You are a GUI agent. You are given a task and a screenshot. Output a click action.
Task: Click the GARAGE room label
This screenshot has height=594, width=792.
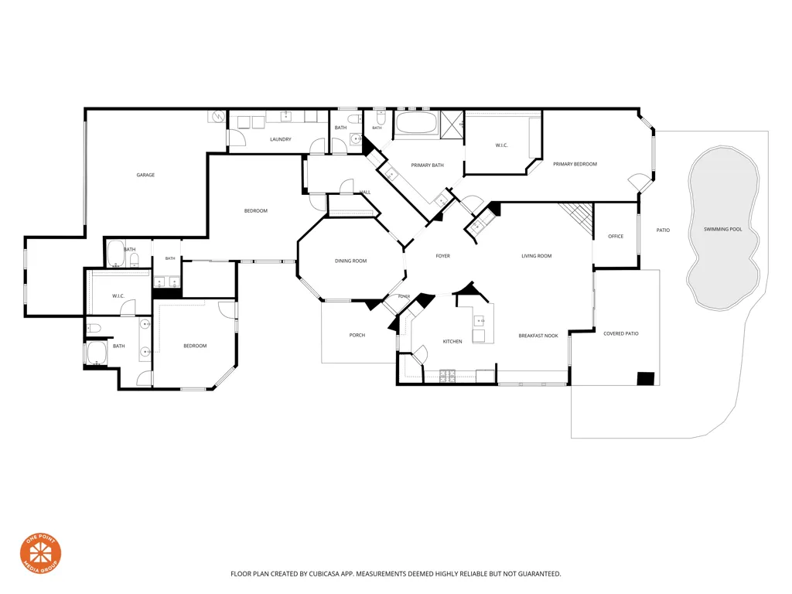[145, 176]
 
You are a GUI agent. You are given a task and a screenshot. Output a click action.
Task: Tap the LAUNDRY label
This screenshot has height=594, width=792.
[280, 139]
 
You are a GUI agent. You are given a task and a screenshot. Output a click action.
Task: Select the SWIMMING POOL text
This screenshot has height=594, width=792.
[723, 229]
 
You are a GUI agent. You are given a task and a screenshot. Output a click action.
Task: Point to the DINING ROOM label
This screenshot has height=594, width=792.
[350, 261]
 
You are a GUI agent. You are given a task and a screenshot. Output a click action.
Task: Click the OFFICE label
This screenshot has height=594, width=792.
[615, 237]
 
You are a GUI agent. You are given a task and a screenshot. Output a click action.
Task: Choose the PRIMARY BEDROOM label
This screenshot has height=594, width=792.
[575, 164]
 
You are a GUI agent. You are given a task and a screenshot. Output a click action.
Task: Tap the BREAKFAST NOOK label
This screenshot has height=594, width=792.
[538, 336]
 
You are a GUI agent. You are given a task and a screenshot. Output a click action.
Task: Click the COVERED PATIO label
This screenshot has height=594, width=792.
[621, 334]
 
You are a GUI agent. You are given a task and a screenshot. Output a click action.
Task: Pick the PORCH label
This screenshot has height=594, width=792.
[357, 336]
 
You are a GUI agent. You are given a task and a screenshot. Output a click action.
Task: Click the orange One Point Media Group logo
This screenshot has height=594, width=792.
[40, 553]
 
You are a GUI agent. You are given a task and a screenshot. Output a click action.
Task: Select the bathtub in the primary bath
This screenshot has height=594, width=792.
[416, 123]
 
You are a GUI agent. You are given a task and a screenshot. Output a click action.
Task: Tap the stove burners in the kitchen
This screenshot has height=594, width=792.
[447, 375]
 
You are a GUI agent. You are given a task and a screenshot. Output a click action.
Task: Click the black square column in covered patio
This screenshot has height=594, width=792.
[646, 379]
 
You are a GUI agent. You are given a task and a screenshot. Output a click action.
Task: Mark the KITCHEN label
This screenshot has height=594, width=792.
[452, 342]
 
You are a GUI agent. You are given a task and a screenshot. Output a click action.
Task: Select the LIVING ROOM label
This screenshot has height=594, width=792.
[537, 256]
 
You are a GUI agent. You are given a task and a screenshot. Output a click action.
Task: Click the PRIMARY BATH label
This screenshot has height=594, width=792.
[427, 166]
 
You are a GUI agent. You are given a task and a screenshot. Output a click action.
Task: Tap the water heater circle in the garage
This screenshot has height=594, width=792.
[219, 116]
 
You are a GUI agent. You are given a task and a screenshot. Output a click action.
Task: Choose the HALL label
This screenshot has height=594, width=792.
[365, 193]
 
